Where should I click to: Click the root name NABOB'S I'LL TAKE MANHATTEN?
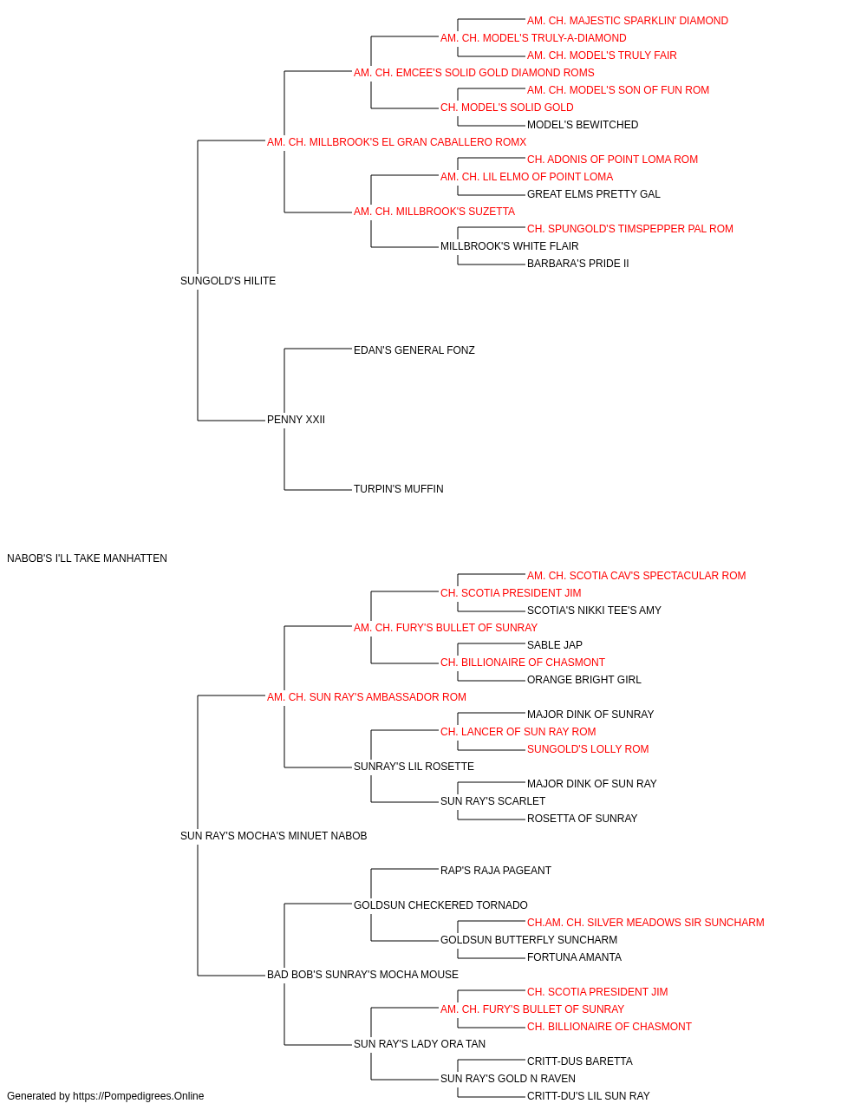[87, 558]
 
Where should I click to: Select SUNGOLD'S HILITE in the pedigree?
[228, 281]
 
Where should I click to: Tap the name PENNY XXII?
[296, 420]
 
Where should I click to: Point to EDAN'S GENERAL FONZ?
[414, 349]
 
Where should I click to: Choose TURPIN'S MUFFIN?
[398, 489]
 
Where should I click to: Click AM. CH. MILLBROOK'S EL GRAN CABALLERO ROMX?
[396, 142]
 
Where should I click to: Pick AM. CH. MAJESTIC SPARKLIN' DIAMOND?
[628, 21]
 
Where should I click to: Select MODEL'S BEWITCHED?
[583, 125]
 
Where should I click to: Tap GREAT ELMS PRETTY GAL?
[593, 194]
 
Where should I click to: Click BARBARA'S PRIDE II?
[577, 264]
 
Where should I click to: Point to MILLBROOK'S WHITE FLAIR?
[509, 246]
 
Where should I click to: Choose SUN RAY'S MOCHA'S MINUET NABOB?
[273, 836]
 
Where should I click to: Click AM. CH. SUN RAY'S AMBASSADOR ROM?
[366, 696]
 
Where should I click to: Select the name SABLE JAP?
[555, 644]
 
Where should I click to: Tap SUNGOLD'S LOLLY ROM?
[588, 749]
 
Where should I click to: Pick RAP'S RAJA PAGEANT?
[495, 871]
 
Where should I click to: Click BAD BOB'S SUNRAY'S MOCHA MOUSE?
[362, 975]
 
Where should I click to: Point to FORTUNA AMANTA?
[574, 957]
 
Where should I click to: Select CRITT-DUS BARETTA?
[579, 1061]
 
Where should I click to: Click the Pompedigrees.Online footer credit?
[105, 1096]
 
